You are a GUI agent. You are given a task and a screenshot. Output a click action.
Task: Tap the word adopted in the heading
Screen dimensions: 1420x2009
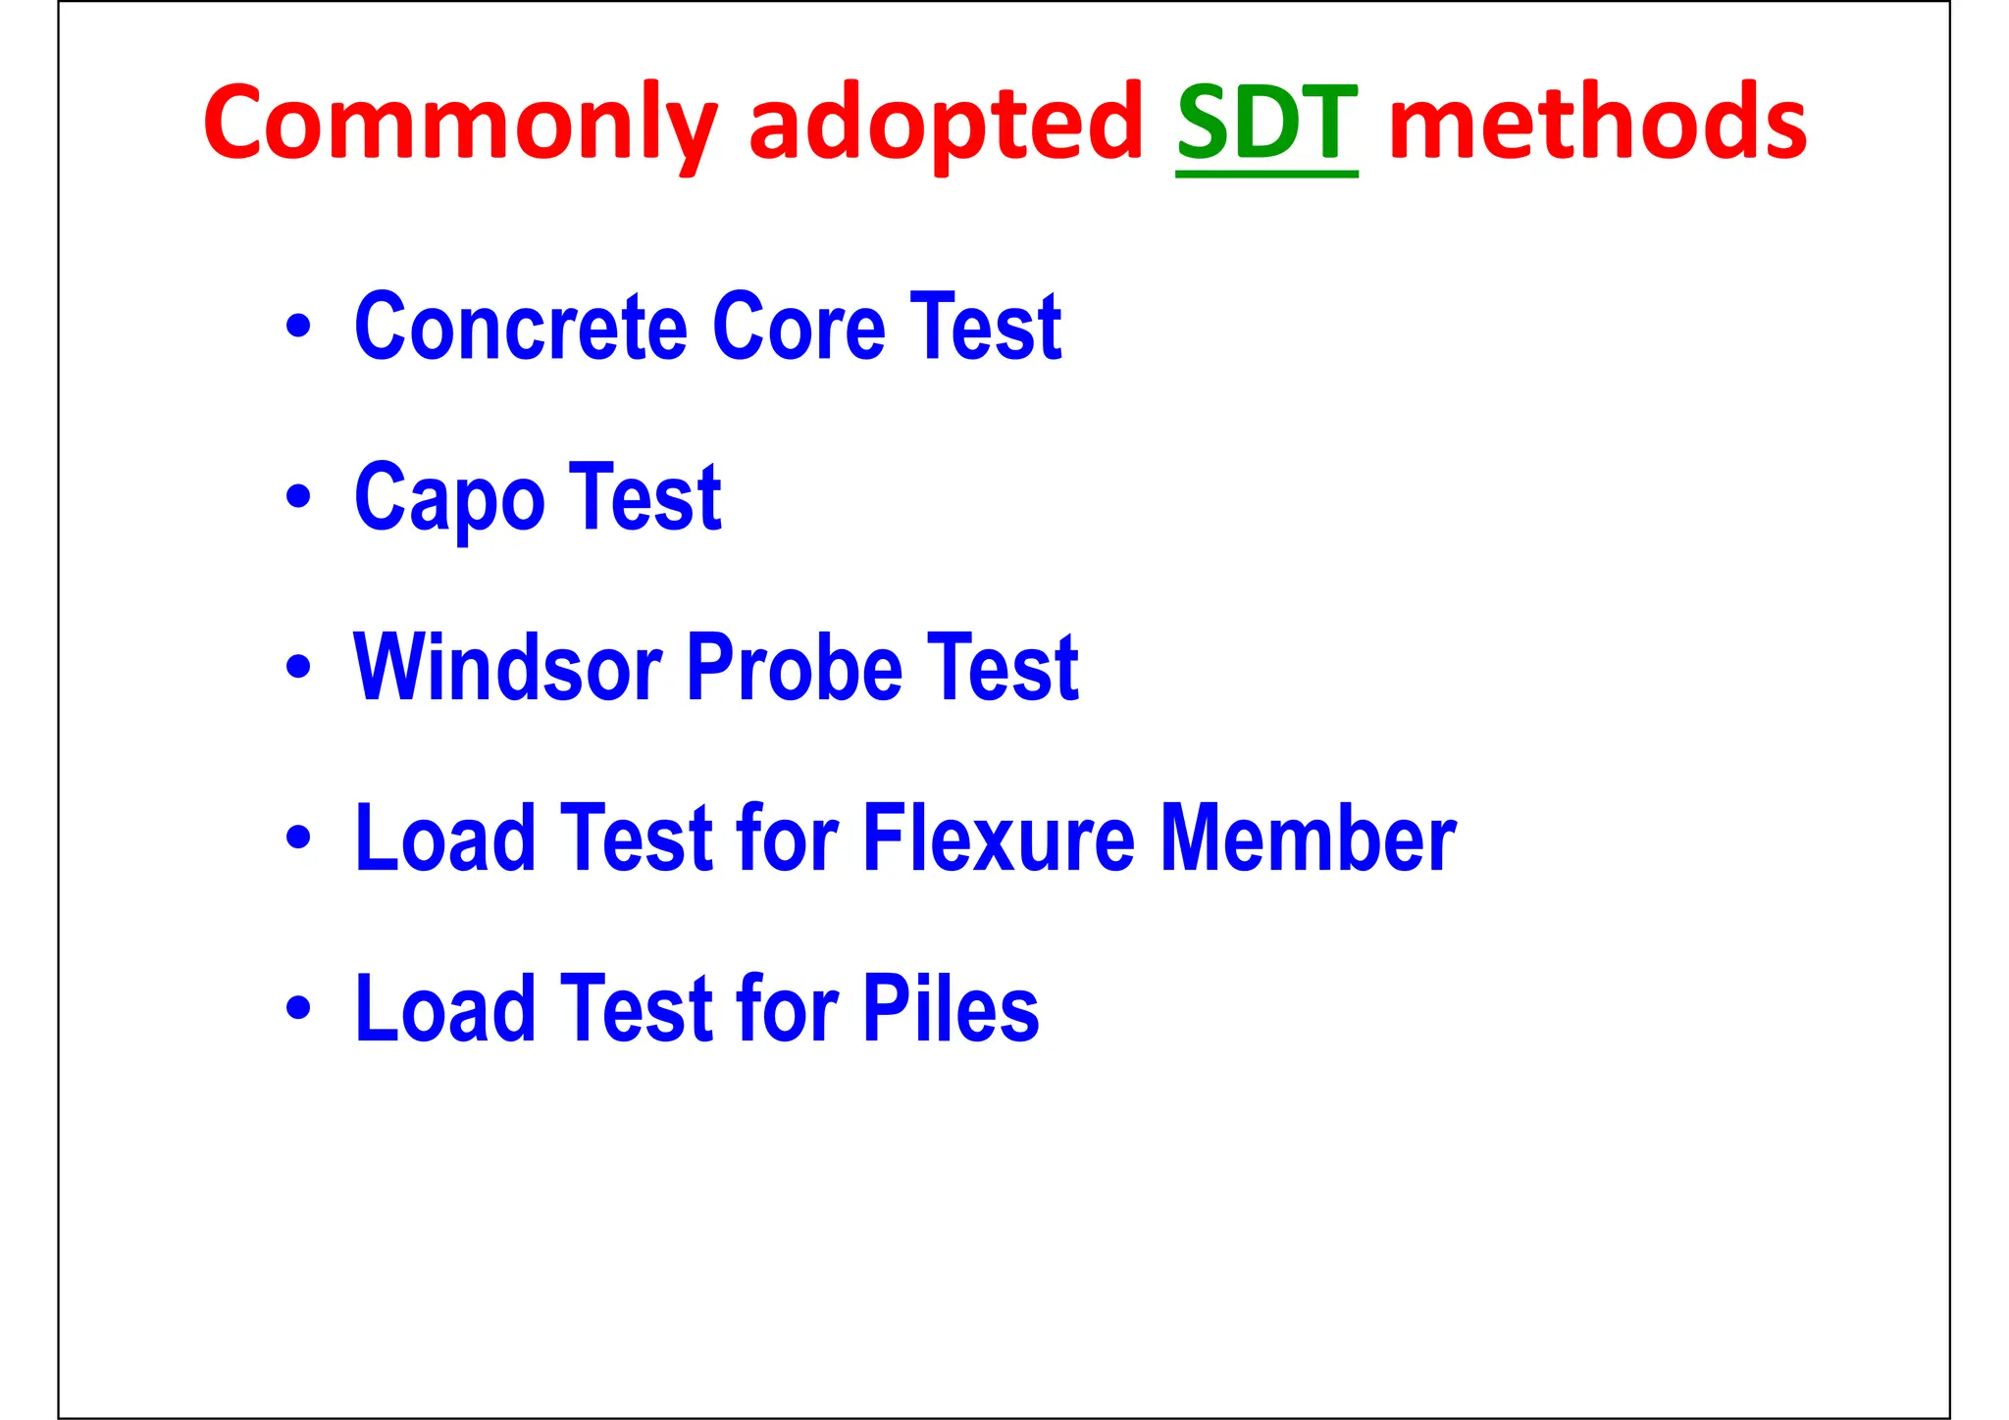point(946,124)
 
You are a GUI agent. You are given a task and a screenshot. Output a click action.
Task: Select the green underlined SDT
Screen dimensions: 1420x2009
point(1266,124)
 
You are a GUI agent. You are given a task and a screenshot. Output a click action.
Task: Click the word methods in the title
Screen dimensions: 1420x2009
point(1597,124)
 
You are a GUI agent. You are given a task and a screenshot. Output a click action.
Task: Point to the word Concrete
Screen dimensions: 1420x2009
point(521,328)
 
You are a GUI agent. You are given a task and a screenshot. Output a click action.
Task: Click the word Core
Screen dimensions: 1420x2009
point(799,328)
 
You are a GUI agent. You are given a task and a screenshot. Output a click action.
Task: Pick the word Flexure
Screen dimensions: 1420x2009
point(999,838)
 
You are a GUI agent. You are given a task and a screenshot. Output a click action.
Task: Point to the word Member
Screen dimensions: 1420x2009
point(1309,838)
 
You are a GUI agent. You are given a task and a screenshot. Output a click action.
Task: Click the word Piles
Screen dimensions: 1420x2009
point(951,1009)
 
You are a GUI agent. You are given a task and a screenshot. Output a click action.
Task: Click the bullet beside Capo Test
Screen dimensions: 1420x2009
point(298,497)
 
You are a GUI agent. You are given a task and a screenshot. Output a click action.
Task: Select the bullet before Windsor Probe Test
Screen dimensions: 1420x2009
point(298,668)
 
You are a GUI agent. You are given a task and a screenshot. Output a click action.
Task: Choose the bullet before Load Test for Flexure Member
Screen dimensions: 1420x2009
point(298,838)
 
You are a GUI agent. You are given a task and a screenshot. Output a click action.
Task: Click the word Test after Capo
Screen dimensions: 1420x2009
point(644,498)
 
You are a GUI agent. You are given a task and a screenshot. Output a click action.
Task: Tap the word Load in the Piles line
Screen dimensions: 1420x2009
point(445,1009)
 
